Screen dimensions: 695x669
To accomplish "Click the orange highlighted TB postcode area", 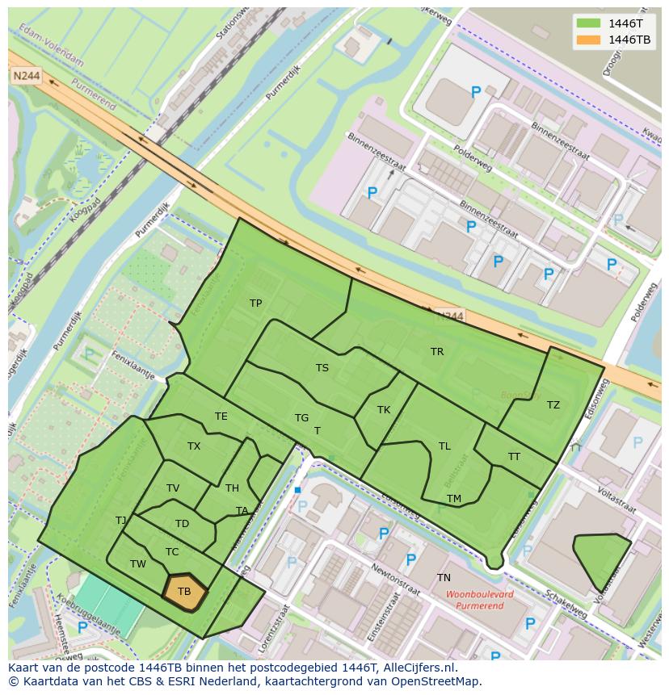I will (x=185, y=591).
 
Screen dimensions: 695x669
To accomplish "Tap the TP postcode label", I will (x=255, y=304).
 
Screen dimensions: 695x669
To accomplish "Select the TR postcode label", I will (x=437, y=352).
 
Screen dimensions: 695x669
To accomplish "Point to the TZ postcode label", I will (x=553, y=405).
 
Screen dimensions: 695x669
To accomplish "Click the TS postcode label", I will (x=322, y=368).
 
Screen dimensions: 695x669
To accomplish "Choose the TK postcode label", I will (x=384, y=410).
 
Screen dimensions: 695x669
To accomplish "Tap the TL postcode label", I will (x=444, y=446).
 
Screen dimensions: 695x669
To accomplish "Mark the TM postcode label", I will (x=454, y=499).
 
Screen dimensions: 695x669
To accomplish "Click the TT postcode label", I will (x=514, y=457).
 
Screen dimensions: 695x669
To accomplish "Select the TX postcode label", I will (x=194, y=446).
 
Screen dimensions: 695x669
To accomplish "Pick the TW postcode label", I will (x=138, y=564).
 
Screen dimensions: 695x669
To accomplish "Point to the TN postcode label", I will (x=444, y=578).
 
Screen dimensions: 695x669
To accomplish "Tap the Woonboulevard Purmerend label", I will (x=479, y=599).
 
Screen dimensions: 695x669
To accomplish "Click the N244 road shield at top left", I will (x=25, y=75).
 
